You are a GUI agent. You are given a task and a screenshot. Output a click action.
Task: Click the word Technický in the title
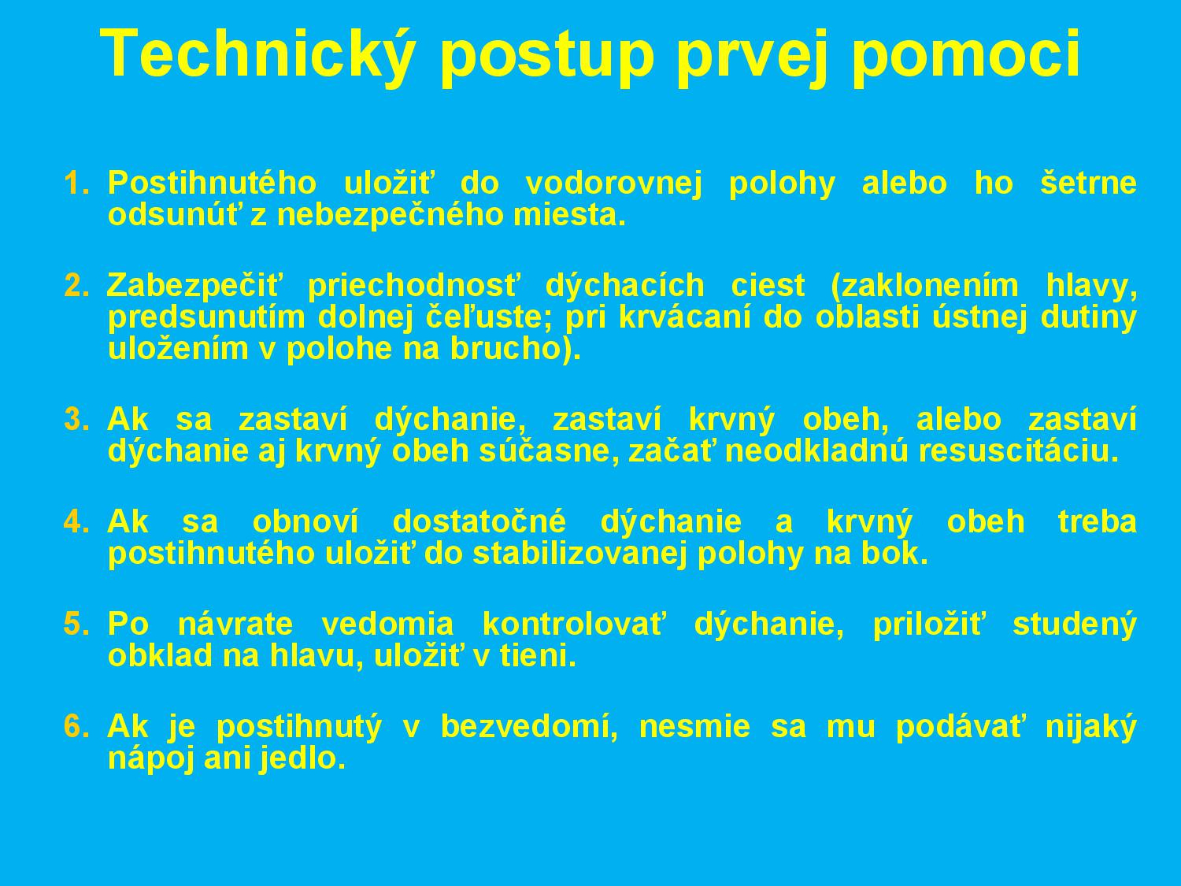[256, 53]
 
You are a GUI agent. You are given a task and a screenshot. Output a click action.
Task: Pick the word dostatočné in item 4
[479, 521]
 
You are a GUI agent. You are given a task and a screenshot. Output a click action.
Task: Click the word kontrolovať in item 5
[574, 624]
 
